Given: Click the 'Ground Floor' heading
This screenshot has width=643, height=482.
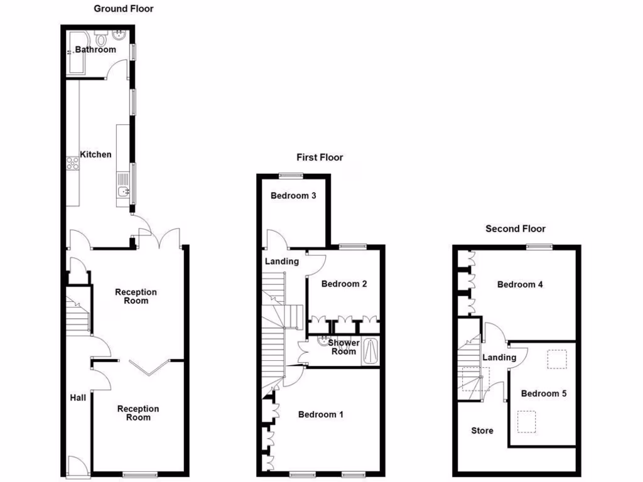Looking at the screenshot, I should [x=124, y=9].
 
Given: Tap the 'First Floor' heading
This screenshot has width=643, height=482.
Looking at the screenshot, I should [x=320, y=157].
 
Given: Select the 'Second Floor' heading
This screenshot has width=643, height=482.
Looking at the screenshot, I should [x=516, y=228].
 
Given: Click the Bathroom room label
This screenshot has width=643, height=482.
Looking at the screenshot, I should [x=95, y=50].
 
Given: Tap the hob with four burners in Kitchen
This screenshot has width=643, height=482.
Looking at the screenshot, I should [x=72, y=163].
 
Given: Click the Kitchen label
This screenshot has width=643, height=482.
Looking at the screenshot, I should [x=95, y=154].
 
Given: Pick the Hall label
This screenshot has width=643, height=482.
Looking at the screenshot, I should [x=78, y=397].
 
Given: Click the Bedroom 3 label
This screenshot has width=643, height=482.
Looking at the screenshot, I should [x=293, y=196].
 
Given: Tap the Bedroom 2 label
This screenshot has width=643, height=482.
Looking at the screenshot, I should [x=344, y=284].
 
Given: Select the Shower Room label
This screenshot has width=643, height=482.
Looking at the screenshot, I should [x=344, y=347].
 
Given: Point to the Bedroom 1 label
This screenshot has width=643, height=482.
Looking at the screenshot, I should [x=320, y=414].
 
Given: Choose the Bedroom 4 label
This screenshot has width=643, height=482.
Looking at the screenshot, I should [x=520, y=284].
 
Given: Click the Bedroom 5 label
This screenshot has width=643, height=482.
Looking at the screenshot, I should [x=544, y=394].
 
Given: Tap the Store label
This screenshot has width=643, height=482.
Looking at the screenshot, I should [x=482, y=431].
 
